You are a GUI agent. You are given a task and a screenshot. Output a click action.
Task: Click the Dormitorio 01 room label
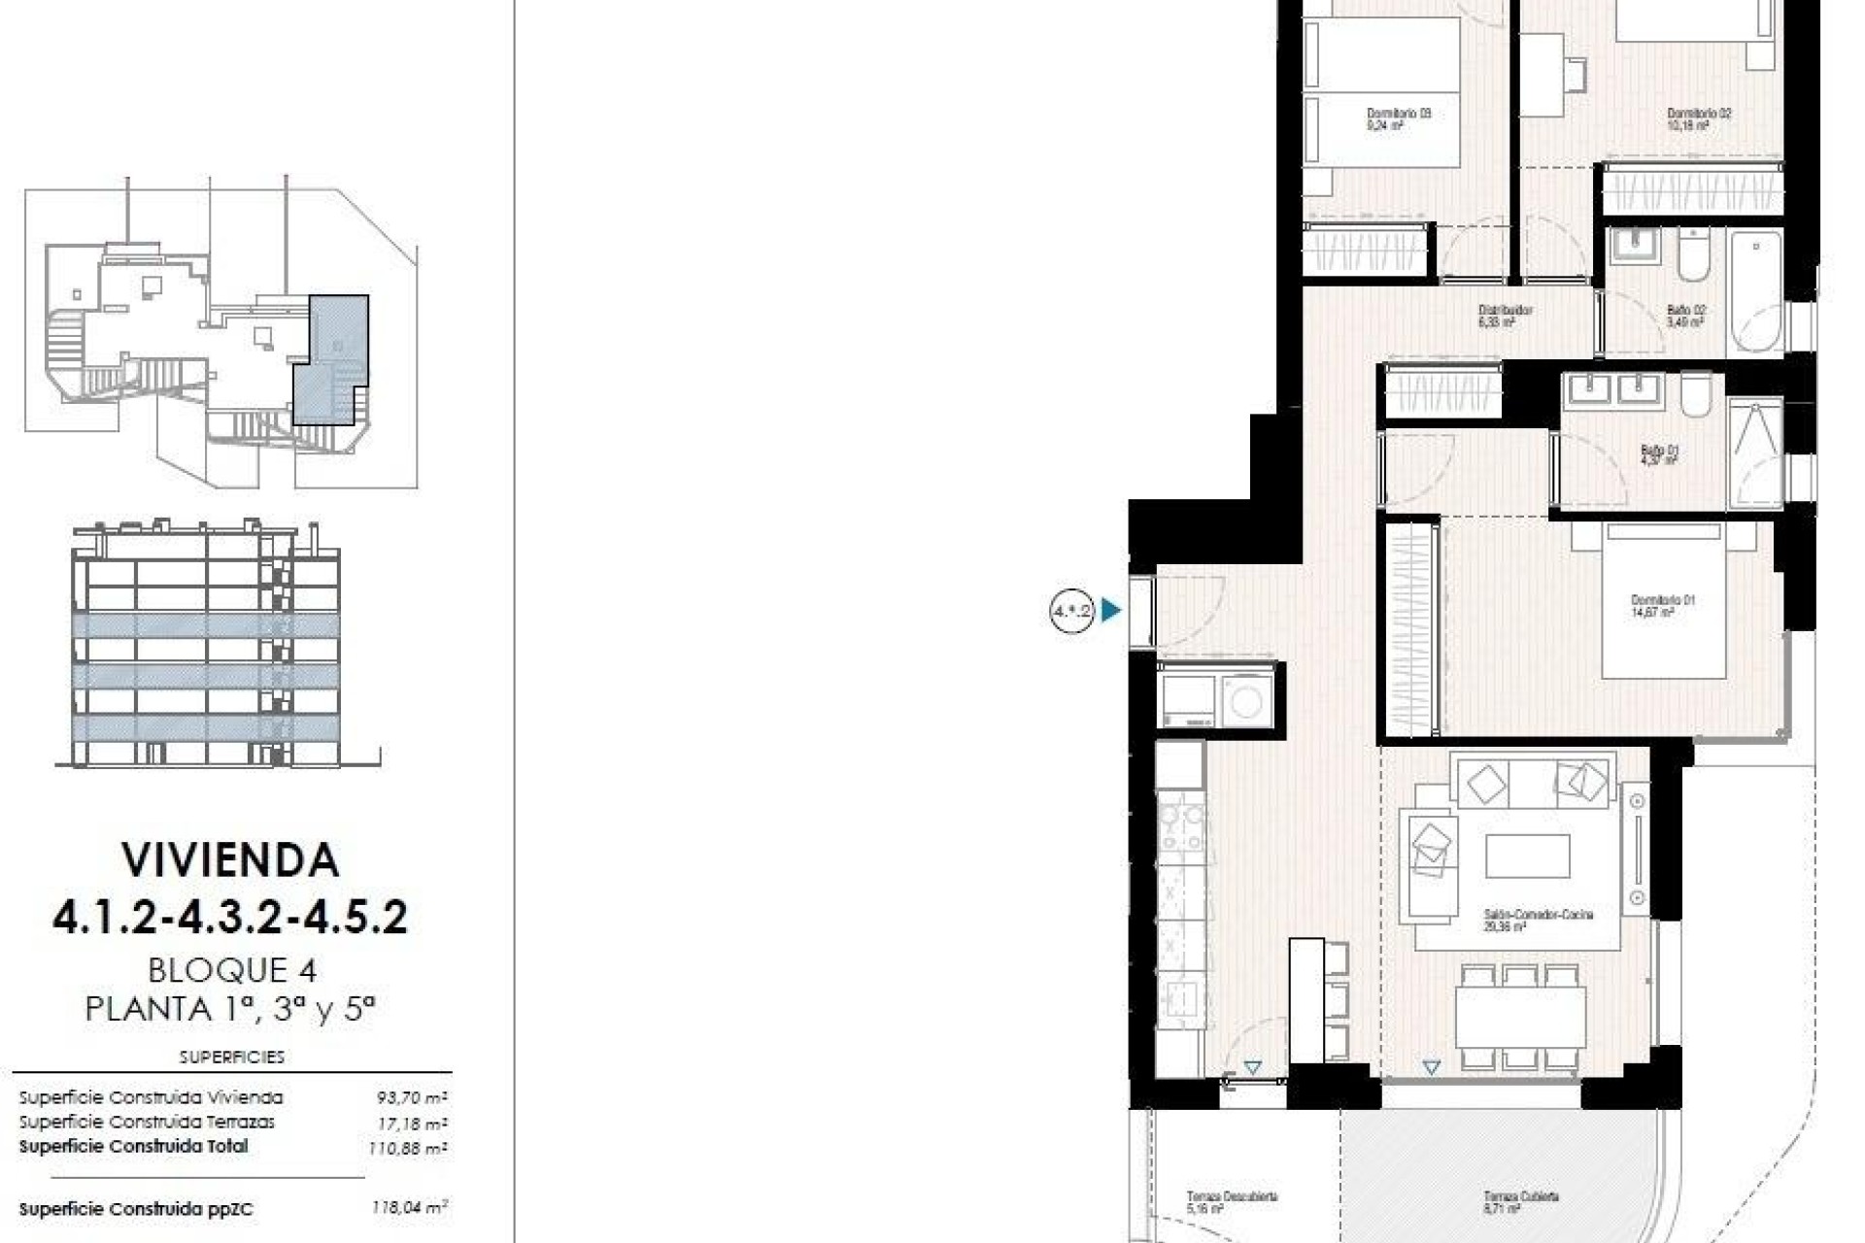point(1662,601)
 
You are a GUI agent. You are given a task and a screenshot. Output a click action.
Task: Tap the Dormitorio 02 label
point(1699,114)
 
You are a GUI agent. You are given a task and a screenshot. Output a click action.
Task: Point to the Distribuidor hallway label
point(1505,311)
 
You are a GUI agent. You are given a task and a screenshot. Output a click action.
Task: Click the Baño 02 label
point(1685,311)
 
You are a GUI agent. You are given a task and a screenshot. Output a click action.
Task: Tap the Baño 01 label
point(1659,451)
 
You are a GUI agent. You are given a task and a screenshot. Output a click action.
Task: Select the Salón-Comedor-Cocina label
point(1538,915)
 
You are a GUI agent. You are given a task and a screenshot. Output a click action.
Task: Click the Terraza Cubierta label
point(1520,1197)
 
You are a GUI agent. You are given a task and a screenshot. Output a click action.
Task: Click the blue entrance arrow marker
point(1110,611)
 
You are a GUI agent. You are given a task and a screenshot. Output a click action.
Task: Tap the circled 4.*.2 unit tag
point(1071,611)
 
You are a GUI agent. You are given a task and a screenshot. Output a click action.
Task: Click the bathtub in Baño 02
point(1756,291)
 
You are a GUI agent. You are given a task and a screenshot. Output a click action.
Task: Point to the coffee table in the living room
point(1527,857)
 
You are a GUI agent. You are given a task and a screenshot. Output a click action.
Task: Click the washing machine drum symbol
point(1245,698)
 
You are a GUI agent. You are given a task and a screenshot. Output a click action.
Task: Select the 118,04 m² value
point(409,1208)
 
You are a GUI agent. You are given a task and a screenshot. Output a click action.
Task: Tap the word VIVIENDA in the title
point(230,860)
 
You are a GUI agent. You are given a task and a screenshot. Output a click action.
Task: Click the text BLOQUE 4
point(232,969)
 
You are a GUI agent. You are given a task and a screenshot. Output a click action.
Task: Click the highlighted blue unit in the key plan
point(330,359)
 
